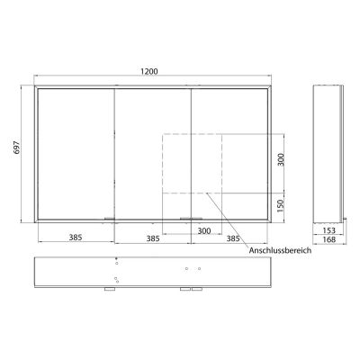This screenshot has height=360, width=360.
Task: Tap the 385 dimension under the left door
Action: (76, 238)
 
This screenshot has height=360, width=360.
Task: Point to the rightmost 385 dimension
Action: (233, 238)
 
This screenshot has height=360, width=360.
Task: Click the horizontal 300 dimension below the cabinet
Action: (204, 231)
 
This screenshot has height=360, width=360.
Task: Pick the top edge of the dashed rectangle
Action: (192, 133)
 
